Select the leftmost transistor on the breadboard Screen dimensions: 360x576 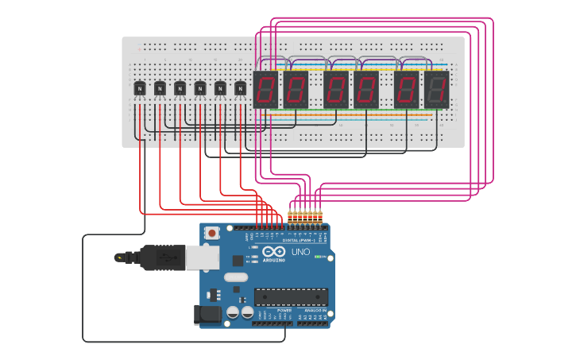(140, 89)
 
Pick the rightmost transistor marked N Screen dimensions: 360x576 (240, 89)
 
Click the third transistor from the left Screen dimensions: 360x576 (180, 89)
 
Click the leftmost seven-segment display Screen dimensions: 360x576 (265, 89)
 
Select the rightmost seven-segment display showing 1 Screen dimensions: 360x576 (436, 89)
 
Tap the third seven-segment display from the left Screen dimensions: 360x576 (336, 89)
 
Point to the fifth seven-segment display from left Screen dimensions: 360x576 (407, 89)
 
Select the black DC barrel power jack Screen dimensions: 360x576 (208, 314)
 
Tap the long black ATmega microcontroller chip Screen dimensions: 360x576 (291, 297)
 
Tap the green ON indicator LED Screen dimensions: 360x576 (318, 257)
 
